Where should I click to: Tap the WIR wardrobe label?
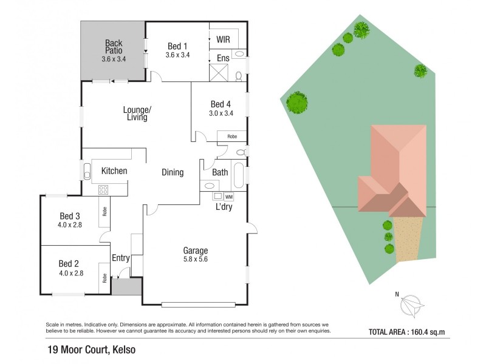pos(223,39)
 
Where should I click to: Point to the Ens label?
pos(222,59)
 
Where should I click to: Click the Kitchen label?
pos(114,171)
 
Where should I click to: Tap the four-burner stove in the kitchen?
pos(104,189)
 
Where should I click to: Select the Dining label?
pos(173,172)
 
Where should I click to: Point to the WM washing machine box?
pos(228,197)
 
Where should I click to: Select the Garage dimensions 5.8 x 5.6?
pos(196,260)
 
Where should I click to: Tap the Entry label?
pos(120,258)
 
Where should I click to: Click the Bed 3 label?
pos(69,216)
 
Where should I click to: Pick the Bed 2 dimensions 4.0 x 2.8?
pos(70,273)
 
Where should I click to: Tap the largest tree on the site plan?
pos(297,103)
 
